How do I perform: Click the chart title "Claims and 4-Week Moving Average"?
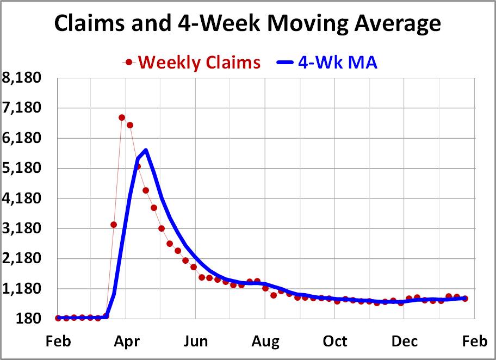247,23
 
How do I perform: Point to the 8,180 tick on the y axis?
22,78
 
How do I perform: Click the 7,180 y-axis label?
22,108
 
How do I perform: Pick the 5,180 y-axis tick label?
22,169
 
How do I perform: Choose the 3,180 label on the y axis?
22,228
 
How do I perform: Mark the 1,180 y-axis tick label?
22,289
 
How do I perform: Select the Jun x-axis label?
195,342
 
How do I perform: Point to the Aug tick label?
265,342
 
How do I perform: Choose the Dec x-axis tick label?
405,342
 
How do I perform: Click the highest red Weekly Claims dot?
122,117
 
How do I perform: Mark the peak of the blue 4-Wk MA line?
146,150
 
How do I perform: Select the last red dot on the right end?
465,299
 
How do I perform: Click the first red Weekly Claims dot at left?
58,318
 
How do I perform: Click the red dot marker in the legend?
129,63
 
